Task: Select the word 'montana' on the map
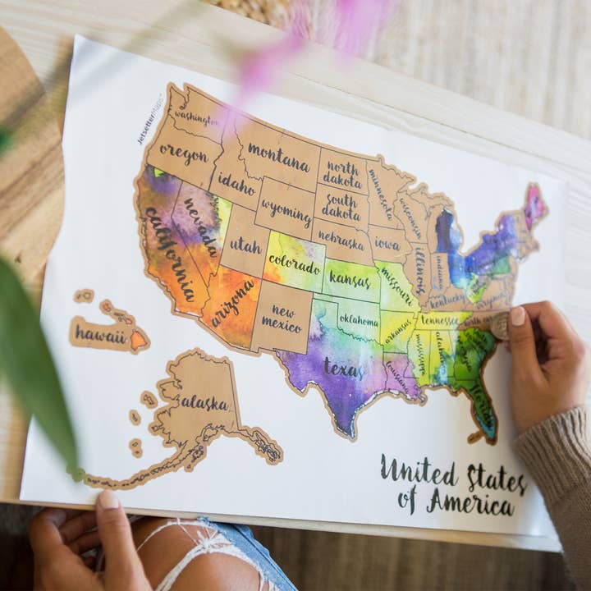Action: tap(278, 156)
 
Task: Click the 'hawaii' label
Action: tap(100, 335)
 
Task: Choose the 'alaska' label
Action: tap(204, 402)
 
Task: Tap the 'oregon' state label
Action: tap(183, 153)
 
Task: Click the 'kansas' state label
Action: tap(350, 279)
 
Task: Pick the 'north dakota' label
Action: tap(342, 173)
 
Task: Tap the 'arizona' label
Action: tap(232, 302)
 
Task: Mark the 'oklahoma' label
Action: tap(360, 320)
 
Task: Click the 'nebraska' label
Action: tap(340, 239)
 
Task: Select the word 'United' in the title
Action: tap(419, 472)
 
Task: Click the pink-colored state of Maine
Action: tap(534, 205)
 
